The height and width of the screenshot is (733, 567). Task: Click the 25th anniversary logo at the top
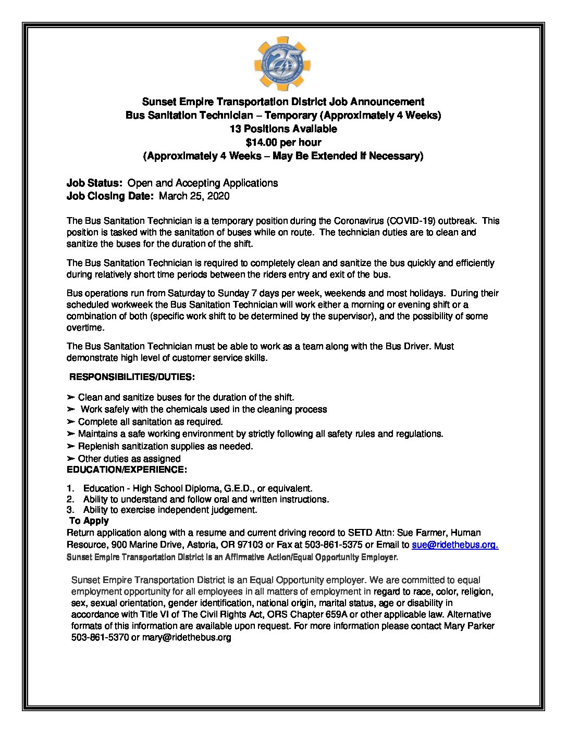click(282, 64)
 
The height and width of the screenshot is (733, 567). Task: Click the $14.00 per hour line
click(283, 142)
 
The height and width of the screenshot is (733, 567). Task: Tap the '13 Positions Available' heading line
click(283, 129)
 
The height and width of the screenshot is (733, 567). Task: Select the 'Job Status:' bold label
click(94, 183)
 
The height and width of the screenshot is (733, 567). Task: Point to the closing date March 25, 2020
click(194, 196)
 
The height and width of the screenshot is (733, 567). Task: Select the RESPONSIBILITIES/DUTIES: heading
click(132, 377)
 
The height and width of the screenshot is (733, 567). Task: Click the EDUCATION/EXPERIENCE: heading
click(127, 470)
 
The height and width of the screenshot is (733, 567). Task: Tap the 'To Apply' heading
click(89, 521)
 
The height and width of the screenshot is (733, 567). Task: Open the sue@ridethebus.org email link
click(454, 545)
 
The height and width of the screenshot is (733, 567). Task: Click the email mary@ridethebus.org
click(187, 637)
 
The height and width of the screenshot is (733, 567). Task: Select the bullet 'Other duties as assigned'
click(129, 459)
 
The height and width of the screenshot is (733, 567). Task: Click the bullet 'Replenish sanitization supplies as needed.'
click(165, 446)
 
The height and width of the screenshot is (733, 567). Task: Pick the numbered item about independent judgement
click(170, 510)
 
